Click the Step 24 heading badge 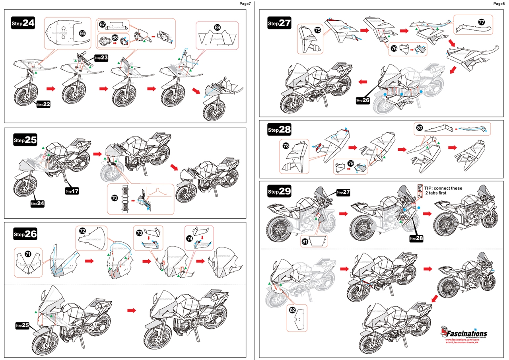(x=23, y=23)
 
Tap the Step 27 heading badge (x=279, y=23)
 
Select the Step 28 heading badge (x=279, y=130)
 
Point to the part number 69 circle (x=217, y=28)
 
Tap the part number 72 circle (x=82, y=231)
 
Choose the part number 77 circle (x=481, y=22)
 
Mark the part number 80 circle (x=419, y=128)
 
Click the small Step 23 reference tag (x=101, y=58)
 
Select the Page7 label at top (x=245, y=4)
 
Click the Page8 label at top (x=499, y=4)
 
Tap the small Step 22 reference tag (x=43, y=104)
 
